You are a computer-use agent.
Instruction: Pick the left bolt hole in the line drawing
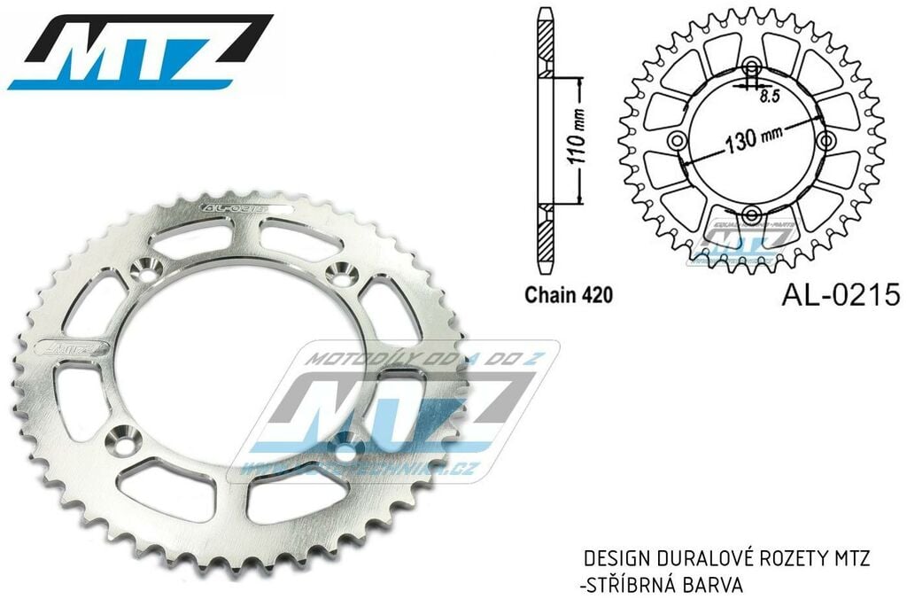(678, 142)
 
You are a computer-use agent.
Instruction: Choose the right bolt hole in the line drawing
(826, 142)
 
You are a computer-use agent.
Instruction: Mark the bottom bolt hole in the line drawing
(752, 214)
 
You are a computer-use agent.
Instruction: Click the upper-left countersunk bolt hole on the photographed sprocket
(144, 268)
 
